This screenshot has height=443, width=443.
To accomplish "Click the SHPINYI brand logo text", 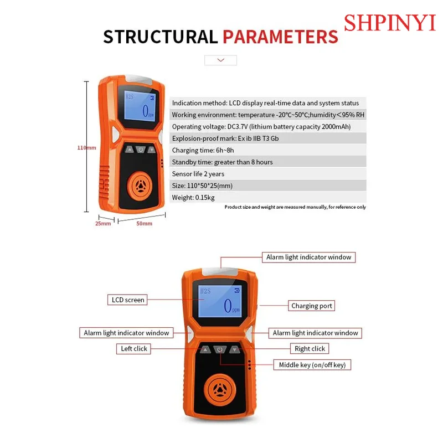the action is tap(390, 23).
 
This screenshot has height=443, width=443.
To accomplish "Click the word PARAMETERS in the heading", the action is tap(280, 37).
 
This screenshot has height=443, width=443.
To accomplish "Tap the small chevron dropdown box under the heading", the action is tap(220, 60).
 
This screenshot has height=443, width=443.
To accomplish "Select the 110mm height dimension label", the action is tap(86, 148).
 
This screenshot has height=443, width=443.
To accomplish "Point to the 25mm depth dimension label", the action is tap(103, 223).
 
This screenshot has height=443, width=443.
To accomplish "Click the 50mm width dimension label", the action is tap(144, 223).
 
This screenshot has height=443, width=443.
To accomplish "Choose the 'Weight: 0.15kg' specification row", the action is tap(194, 197).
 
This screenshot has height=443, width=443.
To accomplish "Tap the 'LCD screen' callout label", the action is tap(128, 300).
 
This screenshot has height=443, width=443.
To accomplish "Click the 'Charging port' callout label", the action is tap(312, 306).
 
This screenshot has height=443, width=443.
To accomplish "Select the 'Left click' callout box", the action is tap(134, 348).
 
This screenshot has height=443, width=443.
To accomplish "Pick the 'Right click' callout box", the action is tap(310, 348).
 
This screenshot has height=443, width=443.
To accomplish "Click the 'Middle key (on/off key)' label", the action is tap(312, 364).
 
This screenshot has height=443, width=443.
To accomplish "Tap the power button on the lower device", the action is tap(220, 350).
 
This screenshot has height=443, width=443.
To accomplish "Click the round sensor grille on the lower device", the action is tap(220, 389).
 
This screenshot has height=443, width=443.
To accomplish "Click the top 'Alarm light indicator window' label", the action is tap(308, 257).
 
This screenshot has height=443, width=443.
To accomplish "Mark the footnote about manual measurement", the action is tap(295, 207).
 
